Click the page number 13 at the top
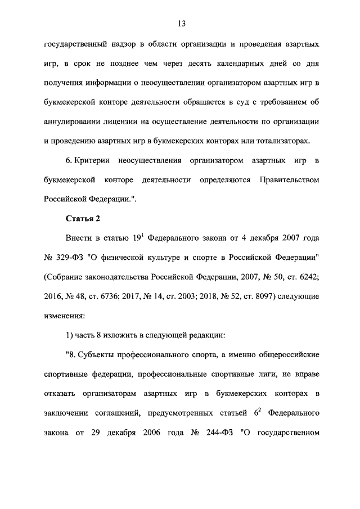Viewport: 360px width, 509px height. pos(180,23)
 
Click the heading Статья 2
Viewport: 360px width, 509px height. pos(83,219)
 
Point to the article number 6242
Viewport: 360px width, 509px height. pos(306,277)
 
